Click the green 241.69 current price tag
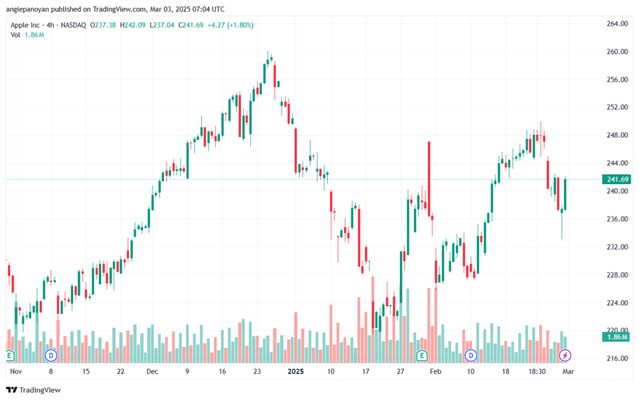pyautogui.click(x=617, y=179)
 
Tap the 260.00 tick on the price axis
pyautogui.click(x=617, y=52)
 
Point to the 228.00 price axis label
pyautogui.click(x=617, y=275)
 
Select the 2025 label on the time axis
pyautogui.click(x=296, y=371)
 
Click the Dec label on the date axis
pyautogui.click(x=152, y=371)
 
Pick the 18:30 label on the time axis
pyautogui.click(x=537, y=371)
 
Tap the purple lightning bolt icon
pyautogui.click(x=565, y=356)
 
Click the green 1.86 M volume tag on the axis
pyautogui.click(x=617, y=337)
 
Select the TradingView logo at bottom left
pyautogui.click(x=34, y=390)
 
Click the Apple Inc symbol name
pyautogui.click(x=25, y=25)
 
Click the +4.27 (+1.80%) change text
pyautogui.click(x=231, y=25)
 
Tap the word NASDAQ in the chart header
pyautogui.click(x=74, y=25)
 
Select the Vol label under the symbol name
pyautogui.click(x=15, y=35)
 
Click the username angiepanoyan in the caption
pyautogui.click(x=27, y=9)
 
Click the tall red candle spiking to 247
pyautogui.click(x=429, y=178)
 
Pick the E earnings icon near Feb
pyautogui.click(x=422, y=356)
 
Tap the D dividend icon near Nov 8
pyautogui.click(x=51, y=356)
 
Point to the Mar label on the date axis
pyautogui.click(x=568, y=371)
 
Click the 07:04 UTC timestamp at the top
pyautogui.click(x=207, y=9)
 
